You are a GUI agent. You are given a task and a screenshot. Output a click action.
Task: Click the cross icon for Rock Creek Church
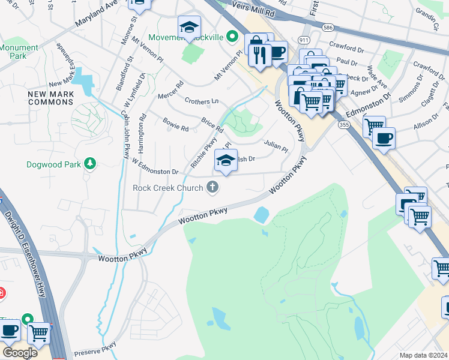(x=212, y=188)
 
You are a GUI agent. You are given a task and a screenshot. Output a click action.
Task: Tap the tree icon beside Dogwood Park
(x=89, y=164)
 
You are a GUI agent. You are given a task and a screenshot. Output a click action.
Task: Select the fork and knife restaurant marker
(x=260, y=56)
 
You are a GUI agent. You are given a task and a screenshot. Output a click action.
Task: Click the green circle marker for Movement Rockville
(x=229, y=37)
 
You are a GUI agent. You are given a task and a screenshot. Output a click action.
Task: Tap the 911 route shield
(x=304, y=40)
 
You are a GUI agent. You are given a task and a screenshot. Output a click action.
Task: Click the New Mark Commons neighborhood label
(x=51, y=99)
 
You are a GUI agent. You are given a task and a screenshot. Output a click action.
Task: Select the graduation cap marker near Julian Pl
(x=226, y=161)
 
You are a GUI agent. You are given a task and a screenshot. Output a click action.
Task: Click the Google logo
(x=20, y=353)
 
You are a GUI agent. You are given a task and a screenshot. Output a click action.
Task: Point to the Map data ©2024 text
(x=423, y=355)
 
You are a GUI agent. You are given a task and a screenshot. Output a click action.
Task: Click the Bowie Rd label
(x=176, y=124)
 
